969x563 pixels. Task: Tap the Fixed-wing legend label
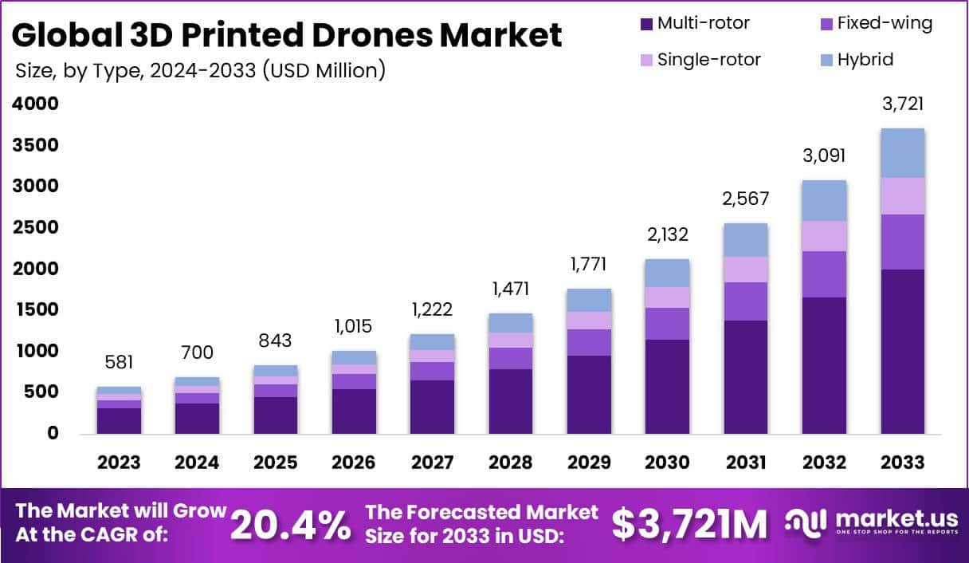pos(885,24)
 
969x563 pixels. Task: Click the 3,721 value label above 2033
pos(903,104)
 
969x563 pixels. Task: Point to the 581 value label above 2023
pos(119,364)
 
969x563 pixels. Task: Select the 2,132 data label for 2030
pos(668,234)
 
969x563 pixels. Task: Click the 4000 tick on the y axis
pos(35,104)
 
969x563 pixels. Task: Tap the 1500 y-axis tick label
pos(35,309)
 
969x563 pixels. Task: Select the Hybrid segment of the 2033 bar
pos(903,153)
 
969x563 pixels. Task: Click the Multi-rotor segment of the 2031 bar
pos(746,376)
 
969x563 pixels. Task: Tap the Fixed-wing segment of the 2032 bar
pos(824,274)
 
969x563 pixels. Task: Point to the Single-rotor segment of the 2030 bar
pos(668,297)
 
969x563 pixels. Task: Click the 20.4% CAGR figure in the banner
pos(291,524)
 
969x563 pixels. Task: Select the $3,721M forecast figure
pos(689,524)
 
